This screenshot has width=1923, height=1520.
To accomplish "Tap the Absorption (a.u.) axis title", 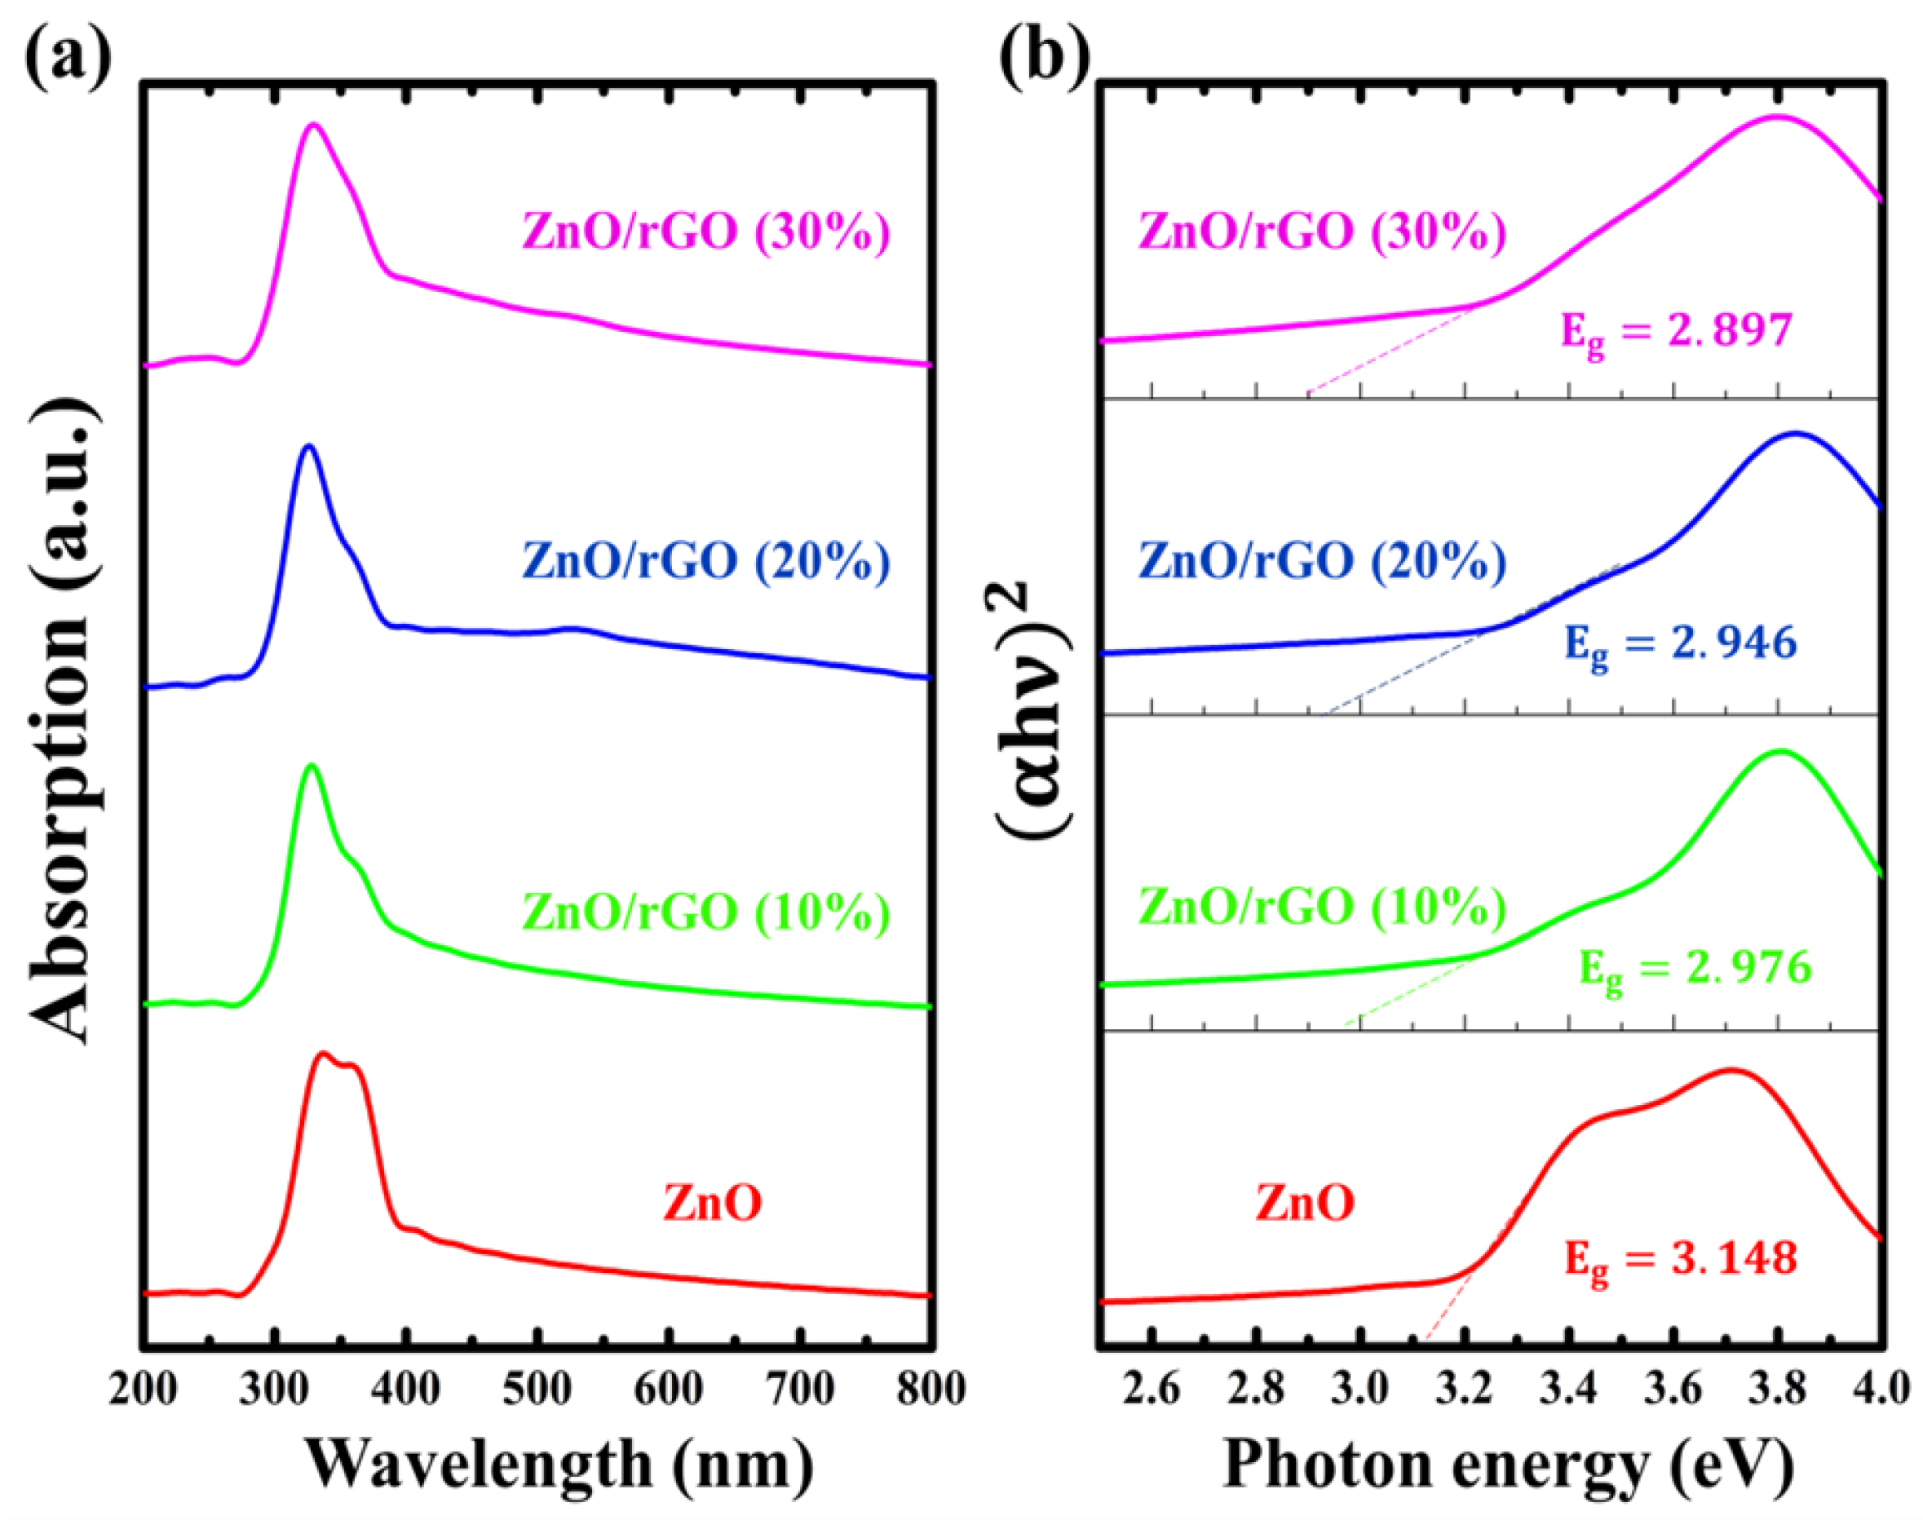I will tap(62, 721).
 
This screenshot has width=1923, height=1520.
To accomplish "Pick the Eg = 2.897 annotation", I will tap(1677, 333).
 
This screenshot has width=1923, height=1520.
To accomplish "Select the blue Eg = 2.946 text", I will tap(1680, 644).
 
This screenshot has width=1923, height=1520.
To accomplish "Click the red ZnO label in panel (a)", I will tap(712, 1203).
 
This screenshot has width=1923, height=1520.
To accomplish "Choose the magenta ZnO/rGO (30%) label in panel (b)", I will tap(1322, 232).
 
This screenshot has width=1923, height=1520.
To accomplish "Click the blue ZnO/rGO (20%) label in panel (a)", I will tap(705, 561).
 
